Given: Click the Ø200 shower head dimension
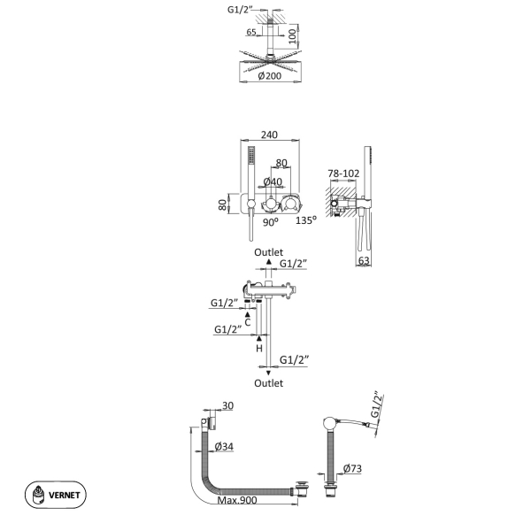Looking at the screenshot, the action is [270, 76].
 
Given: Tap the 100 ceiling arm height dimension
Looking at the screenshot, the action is [292, 36].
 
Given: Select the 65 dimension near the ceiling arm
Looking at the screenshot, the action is [251, 32].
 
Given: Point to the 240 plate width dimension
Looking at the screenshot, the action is [269, 135].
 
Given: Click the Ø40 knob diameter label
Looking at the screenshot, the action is [273, 181].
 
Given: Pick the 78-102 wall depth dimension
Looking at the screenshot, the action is [343, 173].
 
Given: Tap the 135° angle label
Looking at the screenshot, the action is [306, 220].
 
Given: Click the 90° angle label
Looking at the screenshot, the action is [271, 222].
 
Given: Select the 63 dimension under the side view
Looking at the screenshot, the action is [364, 260].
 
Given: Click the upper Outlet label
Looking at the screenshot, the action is [268, 252].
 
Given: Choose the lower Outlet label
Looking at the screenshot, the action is [268, 383].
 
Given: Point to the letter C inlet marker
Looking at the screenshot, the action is [248, 322].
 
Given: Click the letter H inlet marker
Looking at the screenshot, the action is [259, 348].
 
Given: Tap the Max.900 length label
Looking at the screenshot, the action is [237, 500].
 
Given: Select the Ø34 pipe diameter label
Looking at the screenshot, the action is [224, 447].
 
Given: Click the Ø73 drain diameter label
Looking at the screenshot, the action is [352, 469].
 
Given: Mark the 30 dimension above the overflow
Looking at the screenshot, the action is [228, 405].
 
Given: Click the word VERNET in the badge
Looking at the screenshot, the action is [65, 495].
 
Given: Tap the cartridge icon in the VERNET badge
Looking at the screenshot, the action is [38, 495].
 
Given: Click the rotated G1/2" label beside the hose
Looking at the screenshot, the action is [377, 405].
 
